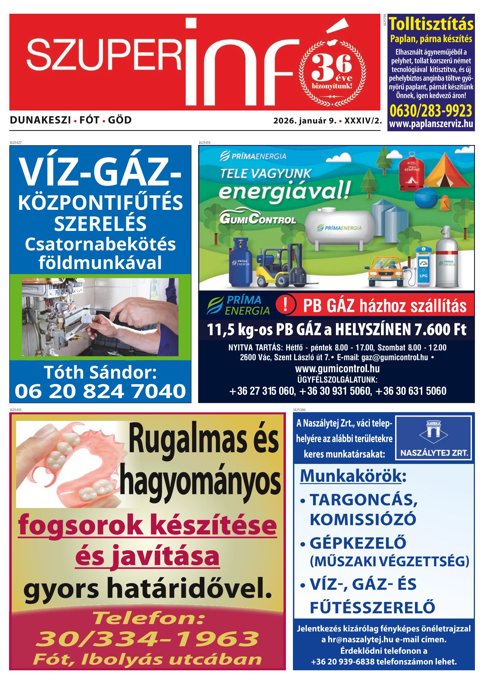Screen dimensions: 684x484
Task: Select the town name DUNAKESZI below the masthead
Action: [40, 120]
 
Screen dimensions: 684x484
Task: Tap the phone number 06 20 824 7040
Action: [100, 391]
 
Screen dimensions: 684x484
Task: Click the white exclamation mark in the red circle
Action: [285, 306]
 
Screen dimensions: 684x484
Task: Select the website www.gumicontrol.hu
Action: [337, 369]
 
